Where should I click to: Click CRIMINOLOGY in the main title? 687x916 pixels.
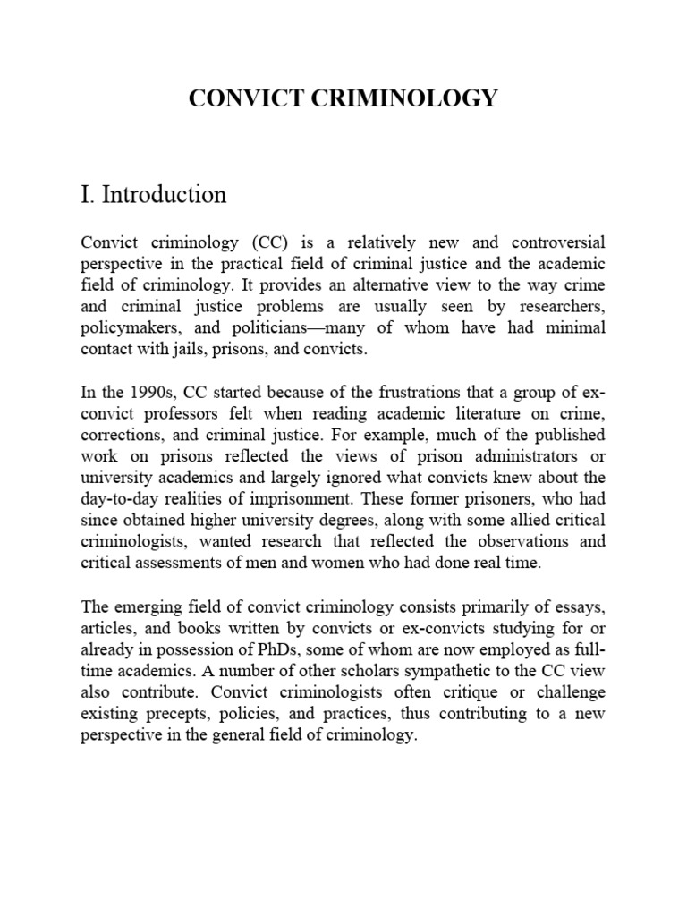click(403, 99)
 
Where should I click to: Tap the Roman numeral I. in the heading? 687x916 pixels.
click(89, 194)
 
